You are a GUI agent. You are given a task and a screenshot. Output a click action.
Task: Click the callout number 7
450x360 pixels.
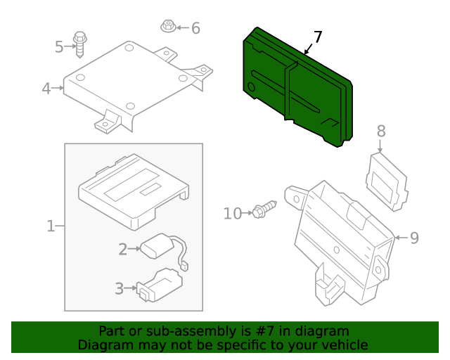click(318, 37)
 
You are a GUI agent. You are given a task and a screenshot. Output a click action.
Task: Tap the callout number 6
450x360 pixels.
click(195, 28)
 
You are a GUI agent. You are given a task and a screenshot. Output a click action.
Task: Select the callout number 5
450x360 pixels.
click(59, 47)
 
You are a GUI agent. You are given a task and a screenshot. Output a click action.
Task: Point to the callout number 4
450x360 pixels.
click(46, 89)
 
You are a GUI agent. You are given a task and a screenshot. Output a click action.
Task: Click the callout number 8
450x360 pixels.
click(381, 131)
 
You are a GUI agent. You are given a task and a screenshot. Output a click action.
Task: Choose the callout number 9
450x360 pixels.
click(414, 238)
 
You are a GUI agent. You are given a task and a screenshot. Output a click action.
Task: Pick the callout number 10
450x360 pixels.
click(233, 214)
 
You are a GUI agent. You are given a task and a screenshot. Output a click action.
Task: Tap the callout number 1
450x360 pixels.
click(51, 226)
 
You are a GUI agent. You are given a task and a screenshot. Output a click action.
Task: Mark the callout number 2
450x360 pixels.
click(123, 249)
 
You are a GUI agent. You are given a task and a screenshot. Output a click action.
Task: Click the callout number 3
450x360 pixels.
click(119, 288)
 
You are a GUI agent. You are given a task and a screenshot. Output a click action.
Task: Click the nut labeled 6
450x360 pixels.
click(168, 26)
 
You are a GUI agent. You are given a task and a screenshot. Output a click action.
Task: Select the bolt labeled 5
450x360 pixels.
click(79, 44)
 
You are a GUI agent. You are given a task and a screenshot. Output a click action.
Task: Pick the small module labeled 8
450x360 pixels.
click(387, 182)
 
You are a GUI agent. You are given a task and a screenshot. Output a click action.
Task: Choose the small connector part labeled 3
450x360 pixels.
click(160, 285)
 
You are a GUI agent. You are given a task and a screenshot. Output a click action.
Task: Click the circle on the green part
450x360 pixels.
click(251, 86)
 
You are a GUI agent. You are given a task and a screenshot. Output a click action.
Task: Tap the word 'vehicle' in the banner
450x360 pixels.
click(347, 345)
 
